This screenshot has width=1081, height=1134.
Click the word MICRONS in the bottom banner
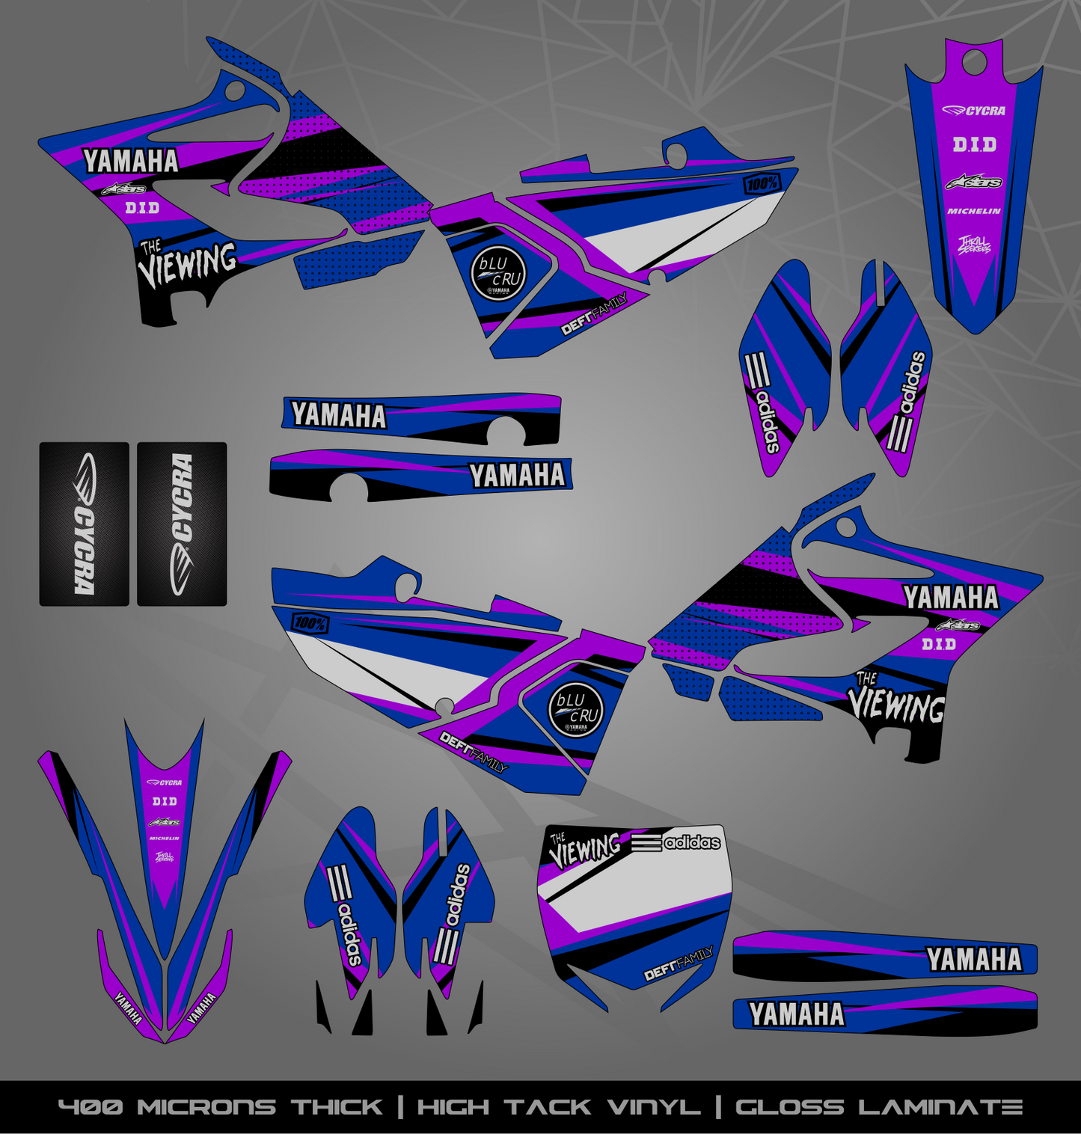[x=206, y=1107]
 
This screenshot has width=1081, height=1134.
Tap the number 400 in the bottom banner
[x=91, y=1107]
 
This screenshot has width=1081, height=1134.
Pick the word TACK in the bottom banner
[x=548, y=1107]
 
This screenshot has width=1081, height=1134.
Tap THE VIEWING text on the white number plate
[x=585, y=850]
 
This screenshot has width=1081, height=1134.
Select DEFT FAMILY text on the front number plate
[x=679, y=964]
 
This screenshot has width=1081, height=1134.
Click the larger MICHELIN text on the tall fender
[x=973, y=212]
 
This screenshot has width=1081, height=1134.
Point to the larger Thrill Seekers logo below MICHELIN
[x=974, y=245]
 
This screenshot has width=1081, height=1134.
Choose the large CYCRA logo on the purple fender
[x=973, y=111]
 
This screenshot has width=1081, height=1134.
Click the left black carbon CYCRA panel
[x=84, y=524]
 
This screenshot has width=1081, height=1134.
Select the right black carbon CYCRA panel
[x=182, y=524]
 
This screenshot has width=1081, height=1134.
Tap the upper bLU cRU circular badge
[x=499, y=273]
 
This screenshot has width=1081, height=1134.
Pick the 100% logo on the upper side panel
[x=762, y=183]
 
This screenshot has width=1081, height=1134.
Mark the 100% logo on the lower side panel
[x=310, y=622]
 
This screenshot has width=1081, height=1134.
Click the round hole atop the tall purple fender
[x=975, y=63]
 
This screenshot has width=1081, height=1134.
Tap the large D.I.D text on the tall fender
[x=974, y=144]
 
